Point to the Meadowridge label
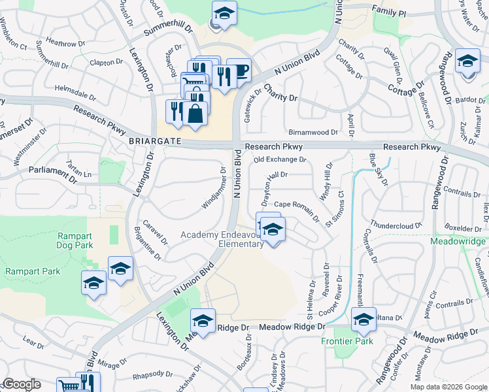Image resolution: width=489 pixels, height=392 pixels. pos(458,241)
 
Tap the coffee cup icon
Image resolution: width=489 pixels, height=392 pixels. pos(240,70)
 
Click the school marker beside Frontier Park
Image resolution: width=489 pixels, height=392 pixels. pos(363,319)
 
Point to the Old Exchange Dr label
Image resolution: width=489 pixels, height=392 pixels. pos(280,159)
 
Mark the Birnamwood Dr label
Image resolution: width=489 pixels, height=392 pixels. pos(312,132)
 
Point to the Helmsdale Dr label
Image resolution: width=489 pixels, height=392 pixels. pos(81,91)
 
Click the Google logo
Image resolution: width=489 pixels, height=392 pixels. pos(22,385)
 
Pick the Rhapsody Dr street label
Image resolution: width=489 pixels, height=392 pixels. pos(152,376)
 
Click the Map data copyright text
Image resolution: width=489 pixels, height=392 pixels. pos(448,387)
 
